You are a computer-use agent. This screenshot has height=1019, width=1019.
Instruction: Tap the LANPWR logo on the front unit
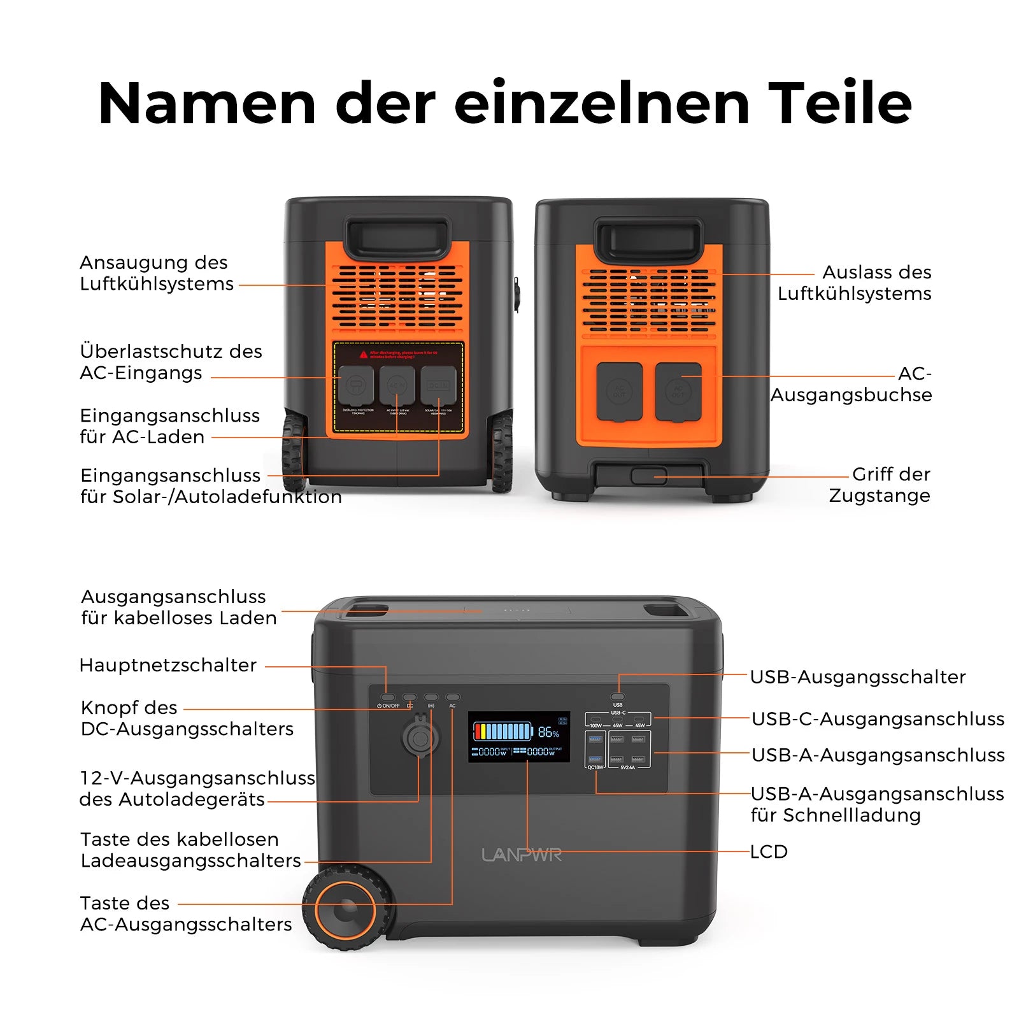(522, 855)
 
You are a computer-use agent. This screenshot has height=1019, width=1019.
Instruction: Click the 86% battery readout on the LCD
(548, 732)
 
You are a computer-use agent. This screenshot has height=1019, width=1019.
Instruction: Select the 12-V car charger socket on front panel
(420, 739)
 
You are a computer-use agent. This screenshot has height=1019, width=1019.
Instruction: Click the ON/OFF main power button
(388, 697)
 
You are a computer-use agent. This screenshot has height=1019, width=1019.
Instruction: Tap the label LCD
(769, 852)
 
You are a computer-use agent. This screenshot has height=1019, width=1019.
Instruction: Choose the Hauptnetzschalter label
(167, 665)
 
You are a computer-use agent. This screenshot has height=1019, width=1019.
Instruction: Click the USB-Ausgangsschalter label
(857, 676)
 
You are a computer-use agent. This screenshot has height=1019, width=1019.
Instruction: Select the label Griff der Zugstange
(880, 485)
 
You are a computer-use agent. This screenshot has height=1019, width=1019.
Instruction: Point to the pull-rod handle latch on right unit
(649, 476)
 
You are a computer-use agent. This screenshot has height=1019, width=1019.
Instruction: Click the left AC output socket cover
(619, 392)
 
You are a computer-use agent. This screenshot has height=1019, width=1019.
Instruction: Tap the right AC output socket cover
(678, 392)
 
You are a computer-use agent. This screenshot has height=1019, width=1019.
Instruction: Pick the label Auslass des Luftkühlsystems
(855, 283)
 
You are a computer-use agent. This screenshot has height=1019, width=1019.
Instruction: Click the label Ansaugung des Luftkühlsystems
(156, 273)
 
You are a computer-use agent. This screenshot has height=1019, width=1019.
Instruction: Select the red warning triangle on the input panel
(364, 354)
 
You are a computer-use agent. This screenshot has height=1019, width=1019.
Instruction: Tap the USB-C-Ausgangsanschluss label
(878, 718)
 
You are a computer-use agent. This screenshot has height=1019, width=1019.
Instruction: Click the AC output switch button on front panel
(453, 697)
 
